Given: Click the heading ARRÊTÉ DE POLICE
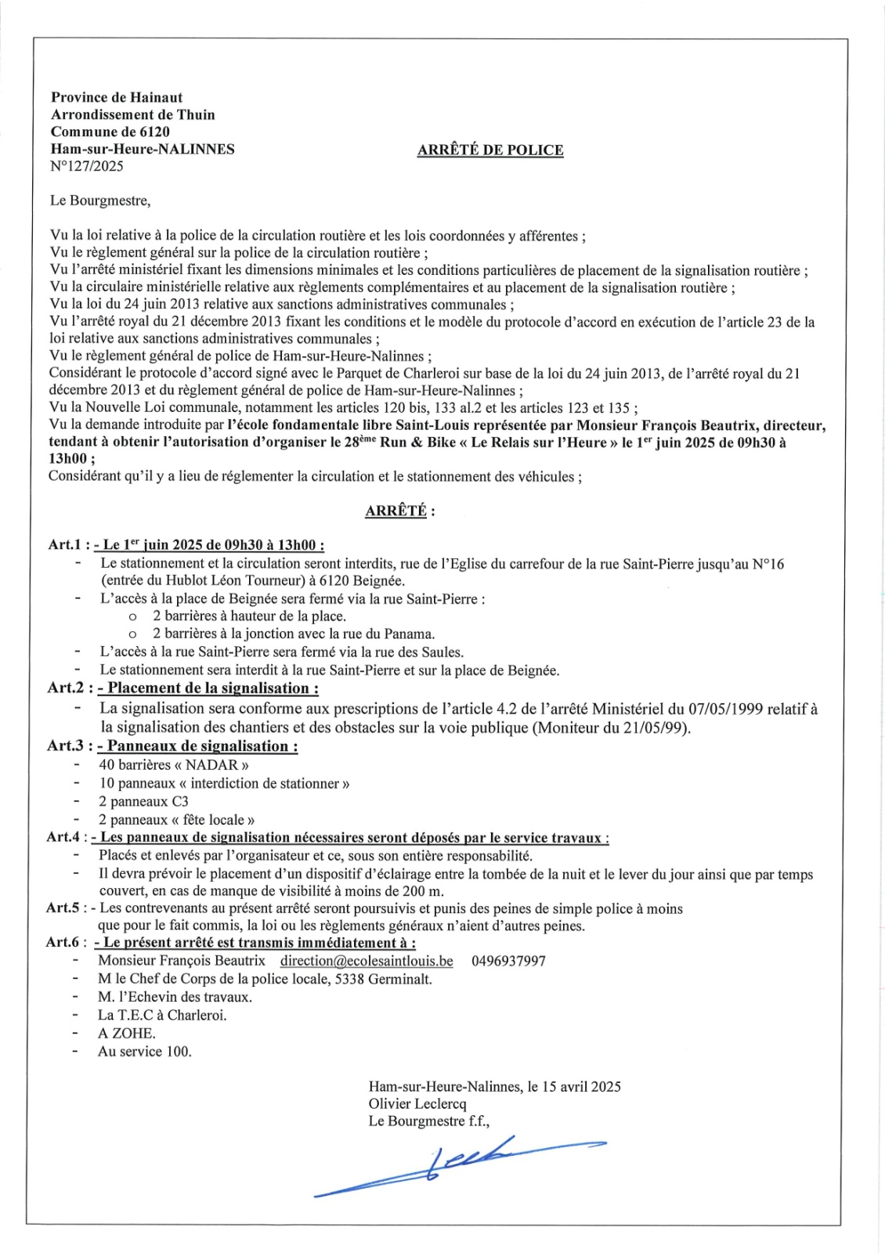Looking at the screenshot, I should [x=490, y=150].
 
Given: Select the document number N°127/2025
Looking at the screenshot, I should [x=87, y=166].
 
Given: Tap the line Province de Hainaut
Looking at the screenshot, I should [x=117, y=98].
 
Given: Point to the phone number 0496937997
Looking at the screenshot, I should [x=508, y=961].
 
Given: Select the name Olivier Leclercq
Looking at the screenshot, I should [x=417, y=1104].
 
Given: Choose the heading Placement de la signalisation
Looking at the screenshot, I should [x=212, y=688].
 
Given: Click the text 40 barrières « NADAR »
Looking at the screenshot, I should [x=174, y=765].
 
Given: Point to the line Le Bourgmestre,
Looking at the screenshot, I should [x=100, y=200].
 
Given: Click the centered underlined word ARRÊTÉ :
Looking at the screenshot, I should [x=399, y=511].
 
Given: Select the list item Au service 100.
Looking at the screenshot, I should [x=144, y=1052].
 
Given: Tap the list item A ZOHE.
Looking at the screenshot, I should [x=127, y=1034].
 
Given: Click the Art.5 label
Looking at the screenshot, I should [x=63, y=908].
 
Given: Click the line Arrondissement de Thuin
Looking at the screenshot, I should [x=133, y=115].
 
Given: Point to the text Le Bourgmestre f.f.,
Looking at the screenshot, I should [x=429, y=1121].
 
